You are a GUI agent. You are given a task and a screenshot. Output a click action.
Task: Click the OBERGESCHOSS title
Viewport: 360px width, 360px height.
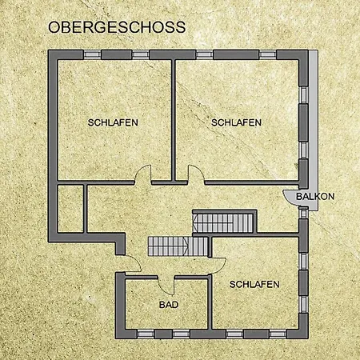coord(117,27)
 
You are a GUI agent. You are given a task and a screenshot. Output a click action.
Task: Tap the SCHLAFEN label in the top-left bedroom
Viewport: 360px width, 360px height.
coord(113,122)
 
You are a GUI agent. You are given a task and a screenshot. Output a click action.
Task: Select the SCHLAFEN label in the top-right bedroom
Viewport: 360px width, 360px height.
coord(236,122)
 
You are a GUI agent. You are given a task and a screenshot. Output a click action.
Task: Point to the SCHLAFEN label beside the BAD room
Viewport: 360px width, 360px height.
coord(254,285)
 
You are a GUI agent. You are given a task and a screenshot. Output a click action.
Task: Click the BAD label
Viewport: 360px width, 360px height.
coord(169,305)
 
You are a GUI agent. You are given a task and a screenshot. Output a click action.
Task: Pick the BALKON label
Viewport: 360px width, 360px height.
coord(315,197)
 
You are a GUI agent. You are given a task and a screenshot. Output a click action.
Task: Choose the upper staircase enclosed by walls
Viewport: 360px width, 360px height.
coord(223,223)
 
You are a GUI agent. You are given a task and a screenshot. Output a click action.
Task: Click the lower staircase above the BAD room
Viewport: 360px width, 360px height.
coord(178,246)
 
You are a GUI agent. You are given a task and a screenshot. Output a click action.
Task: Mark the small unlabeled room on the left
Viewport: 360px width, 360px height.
coord(70,209)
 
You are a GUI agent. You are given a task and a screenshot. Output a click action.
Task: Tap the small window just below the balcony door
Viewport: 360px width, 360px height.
coord(303,214)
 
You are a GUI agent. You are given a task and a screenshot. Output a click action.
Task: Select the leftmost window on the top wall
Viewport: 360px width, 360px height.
coord(92,55)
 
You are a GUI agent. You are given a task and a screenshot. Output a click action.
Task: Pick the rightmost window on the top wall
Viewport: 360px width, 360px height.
coord(267,55)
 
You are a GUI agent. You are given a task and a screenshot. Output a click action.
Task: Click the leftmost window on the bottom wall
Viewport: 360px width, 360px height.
coord(146,334)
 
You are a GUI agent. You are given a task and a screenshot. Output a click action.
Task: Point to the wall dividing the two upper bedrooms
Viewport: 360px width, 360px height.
coord(174,120)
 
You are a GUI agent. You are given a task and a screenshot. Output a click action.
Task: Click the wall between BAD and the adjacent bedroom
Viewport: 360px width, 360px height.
coord(210,302)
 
